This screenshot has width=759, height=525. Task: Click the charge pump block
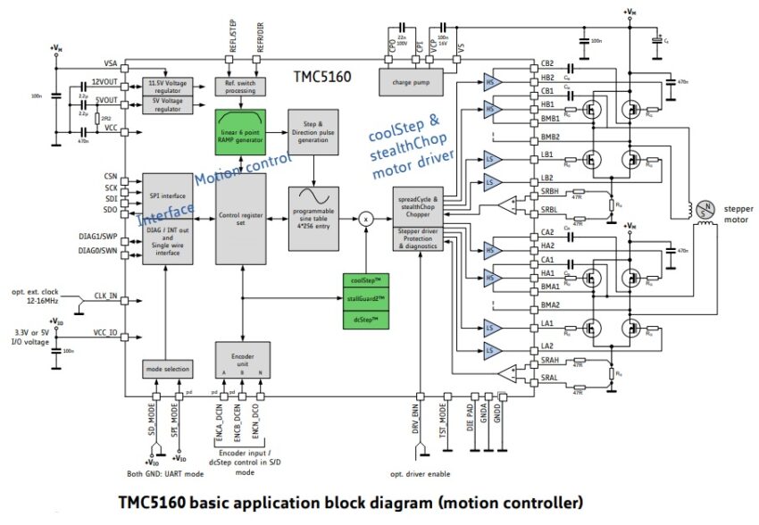click(417, 82)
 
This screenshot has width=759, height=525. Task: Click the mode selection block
click(168, 368)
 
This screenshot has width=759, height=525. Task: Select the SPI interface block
click(167, 196)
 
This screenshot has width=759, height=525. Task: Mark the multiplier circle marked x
click(365, 217)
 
